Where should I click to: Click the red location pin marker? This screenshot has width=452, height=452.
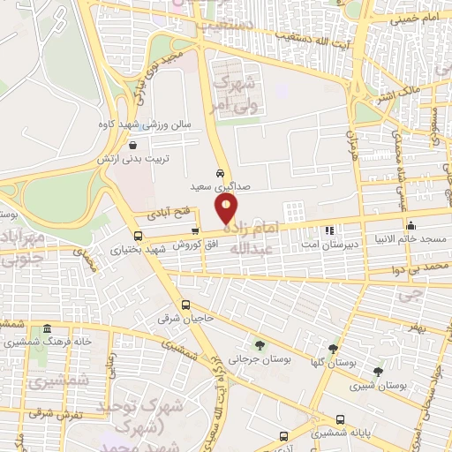pyautogui.click(x=226, y=209)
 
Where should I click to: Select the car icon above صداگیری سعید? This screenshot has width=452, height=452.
pyautogui.click(x=219, y=172)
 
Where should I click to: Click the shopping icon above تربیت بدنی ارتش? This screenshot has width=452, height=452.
pyautogui.click(x=132, y=146)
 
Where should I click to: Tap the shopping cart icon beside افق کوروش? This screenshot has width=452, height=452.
pyautogui.click(x=207, y=231)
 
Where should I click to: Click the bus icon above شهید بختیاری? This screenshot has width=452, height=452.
pyautogui.click(x=138, y=236)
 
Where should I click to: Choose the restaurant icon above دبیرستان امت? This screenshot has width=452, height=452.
pyautogui.click(x=328, y=230)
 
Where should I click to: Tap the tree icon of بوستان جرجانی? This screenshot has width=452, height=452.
pyautogui.click(x=259, y=345)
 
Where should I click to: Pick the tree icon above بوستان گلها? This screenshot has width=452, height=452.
pyautogui.click(x=334, y=350)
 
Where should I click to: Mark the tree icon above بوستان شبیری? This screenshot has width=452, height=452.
pyautogui.click(x=378, y=372)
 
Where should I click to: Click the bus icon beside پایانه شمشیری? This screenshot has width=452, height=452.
pyautogui.click(x=341, y=419)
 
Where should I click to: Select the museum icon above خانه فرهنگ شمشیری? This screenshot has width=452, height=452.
pyautogui.click(x=46, y=328)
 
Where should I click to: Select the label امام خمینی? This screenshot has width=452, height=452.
pyautogui.click(x=416, y=18)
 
